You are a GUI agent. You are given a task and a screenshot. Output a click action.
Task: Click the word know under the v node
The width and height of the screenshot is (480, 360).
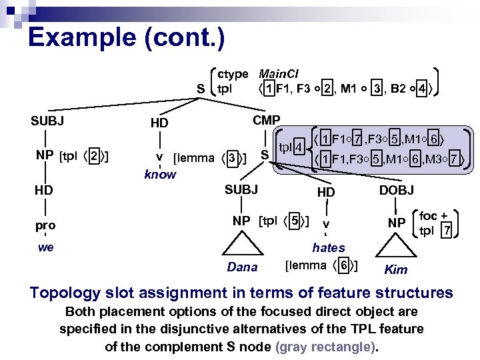point(160,175)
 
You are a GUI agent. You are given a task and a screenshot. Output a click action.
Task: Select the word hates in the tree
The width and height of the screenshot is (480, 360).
point(328,247)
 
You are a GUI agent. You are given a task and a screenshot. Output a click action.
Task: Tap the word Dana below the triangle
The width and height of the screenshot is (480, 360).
point(242,267)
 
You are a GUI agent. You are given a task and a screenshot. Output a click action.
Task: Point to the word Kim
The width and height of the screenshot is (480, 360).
point(395,270)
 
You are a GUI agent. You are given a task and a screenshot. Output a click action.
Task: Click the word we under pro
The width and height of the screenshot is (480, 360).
point(46,248)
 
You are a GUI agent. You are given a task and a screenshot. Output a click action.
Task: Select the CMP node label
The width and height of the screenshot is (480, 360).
point(266,120)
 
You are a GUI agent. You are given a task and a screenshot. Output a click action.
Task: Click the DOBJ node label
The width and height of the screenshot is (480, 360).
point(396,191)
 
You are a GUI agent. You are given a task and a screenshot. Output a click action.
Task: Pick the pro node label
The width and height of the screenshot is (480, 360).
point(46,225)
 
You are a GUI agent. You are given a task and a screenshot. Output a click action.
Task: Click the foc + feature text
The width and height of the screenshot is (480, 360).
point(433,216)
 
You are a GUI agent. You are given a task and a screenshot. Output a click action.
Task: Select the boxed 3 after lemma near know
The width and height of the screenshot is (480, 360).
point(232,158)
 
